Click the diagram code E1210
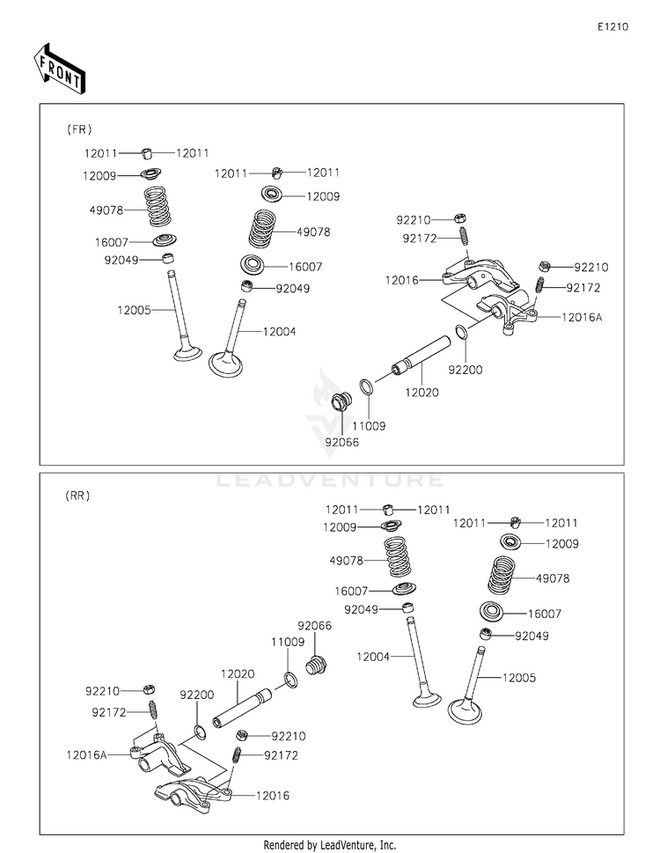click(612, 27)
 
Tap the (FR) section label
click(79, 129)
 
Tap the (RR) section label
click(77, 496)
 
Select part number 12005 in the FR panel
click(134, 310)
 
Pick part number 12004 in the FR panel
click(279, 332)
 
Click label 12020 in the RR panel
click(238, 673)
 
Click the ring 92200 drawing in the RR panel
click(202, 731)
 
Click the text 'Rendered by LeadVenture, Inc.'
click(329, 844)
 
